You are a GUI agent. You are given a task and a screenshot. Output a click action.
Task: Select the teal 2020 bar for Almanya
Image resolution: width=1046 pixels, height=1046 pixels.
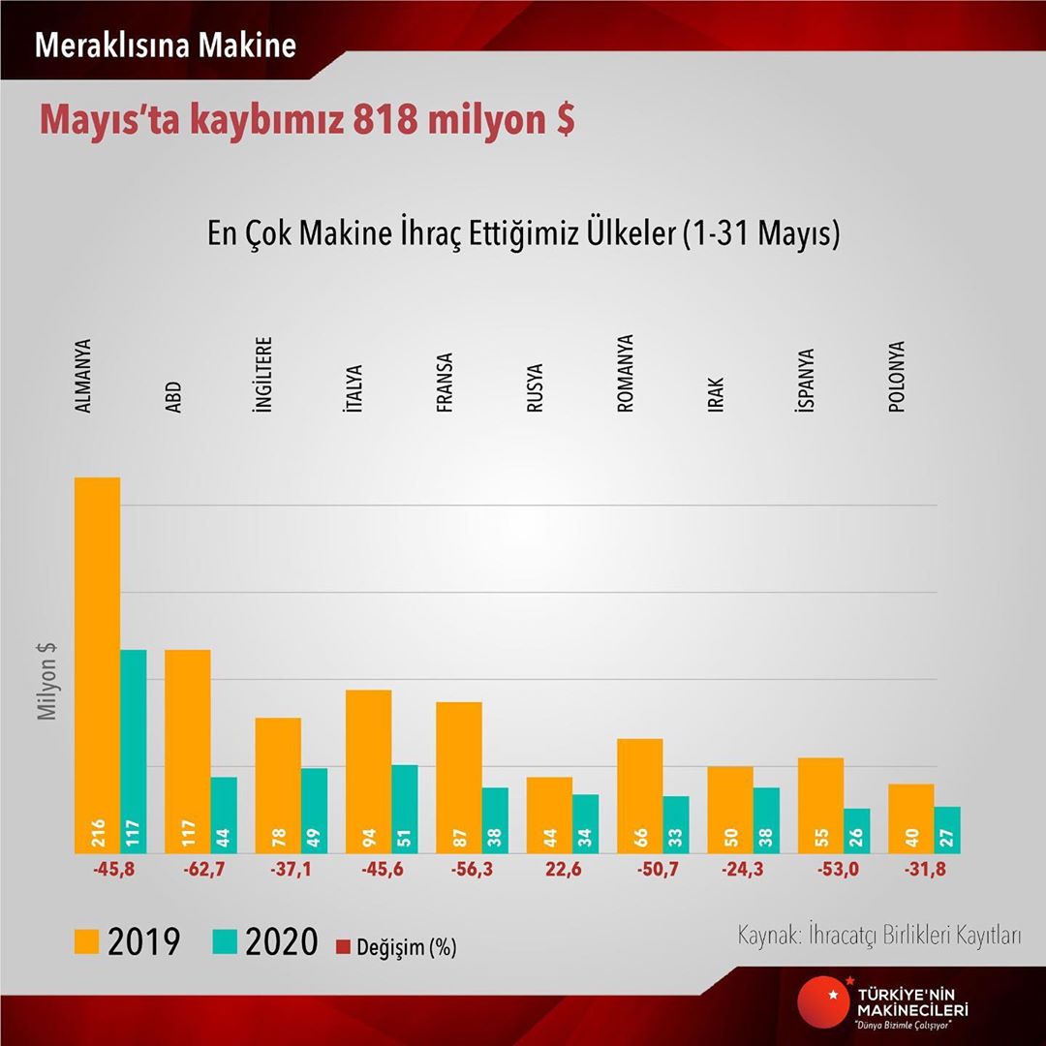tap(133, 751)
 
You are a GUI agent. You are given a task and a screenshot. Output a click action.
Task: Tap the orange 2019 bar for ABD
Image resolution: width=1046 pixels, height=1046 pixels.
tap(187, 751)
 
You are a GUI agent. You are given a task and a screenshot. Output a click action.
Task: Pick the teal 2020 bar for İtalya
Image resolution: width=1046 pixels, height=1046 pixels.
tap(405, 809)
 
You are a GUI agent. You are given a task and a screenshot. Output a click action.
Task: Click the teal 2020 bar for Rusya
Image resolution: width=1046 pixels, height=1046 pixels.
tap(586, 823)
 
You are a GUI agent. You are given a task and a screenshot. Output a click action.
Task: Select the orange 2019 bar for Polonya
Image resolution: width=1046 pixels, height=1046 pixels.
tap(910, 817)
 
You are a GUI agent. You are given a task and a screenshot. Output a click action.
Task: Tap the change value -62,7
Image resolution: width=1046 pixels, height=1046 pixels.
tap(203, 870)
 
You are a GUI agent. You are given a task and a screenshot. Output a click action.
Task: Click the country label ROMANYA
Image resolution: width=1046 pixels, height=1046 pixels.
tap(625, 374)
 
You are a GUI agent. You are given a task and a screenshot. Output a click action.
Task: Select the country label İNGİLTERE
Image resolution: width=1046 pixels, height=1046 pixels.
tap(262, 376)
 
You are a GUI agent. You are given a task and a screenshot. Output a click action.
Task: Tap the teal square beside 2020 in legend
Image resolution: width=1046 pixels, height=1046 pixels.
tap(229, 941)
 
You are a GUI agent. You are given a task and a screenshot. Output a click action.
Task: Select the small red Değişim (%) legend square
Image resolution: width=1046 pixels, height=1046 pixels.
tap(341, 943)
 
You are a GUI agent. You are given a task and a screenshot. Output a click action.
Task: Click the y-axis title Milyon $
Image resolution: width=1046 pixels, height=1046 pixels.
tap(46, 682)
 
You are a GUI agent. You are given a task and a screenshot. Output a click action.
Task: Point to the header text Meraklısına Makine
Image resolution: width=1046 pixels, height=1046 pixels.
tap(166, 46)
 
